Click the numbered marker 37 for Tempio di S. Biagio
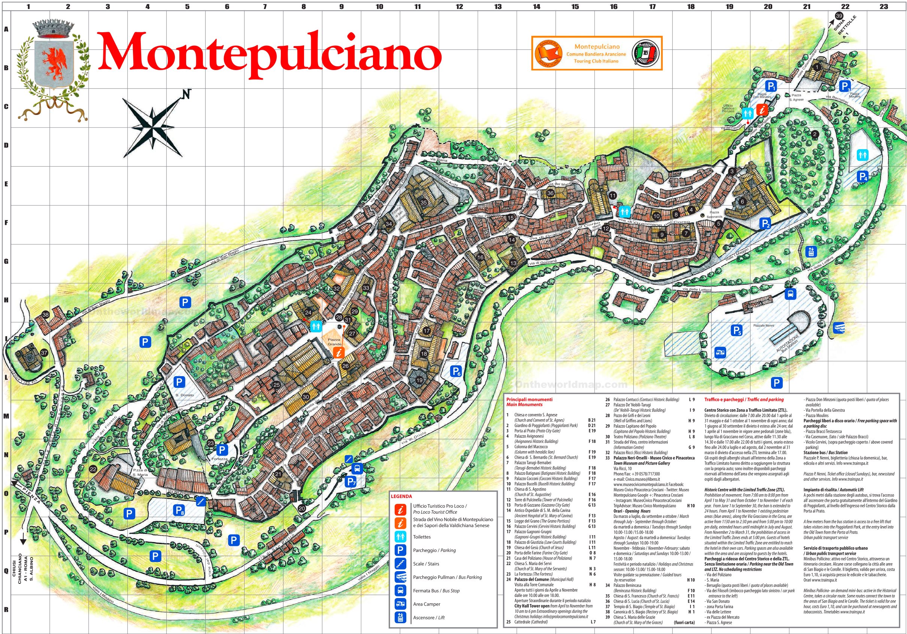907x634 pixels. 44,353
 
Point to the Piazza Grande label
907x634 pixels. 334,342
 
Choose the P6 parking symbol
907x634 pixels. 455,371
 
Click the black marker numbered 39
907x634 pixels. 839,16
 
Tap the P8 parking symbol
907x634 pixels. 179,510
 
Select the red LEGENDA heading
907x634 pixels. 401,496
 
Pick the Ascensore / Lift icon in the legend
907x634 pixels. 401,617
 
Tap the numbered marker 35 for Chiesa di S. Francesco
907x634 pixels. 424,202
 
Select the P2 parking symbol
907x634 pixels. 765,223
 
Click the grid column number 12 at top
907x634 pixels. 459,6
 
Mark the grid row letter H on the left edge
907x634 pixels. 6,300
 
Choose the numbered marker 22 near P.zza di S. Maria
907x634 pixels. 93,469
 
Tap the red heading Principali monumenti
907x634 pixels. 530,399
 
